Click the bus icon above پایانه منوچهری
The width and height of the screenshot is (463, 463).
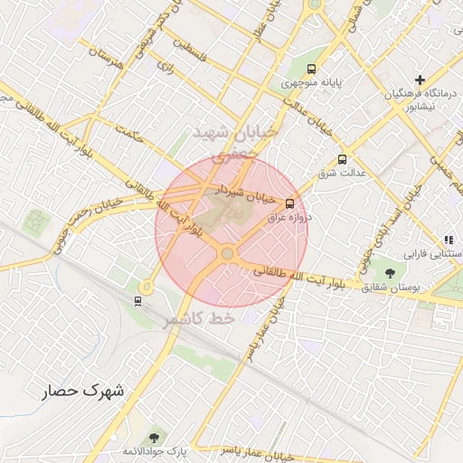click(312, 69)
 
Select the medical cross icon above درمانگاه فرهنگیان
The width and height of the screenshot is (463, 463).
click(419, 80)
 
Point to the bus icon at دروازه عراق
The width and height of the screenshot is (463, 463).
click(289, 203)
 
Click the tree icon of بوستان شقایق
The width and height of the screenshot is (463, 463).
click(390, 272)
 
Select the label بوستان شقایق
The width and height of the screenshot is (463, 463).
click(391, 287)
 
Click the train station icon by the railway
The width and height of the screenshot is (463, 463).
click(137, 300)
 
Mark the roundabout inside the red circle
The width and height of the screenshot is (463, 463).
click(227, 254)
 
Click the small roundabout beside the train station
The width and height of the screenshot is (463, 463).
click(145, 287)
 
